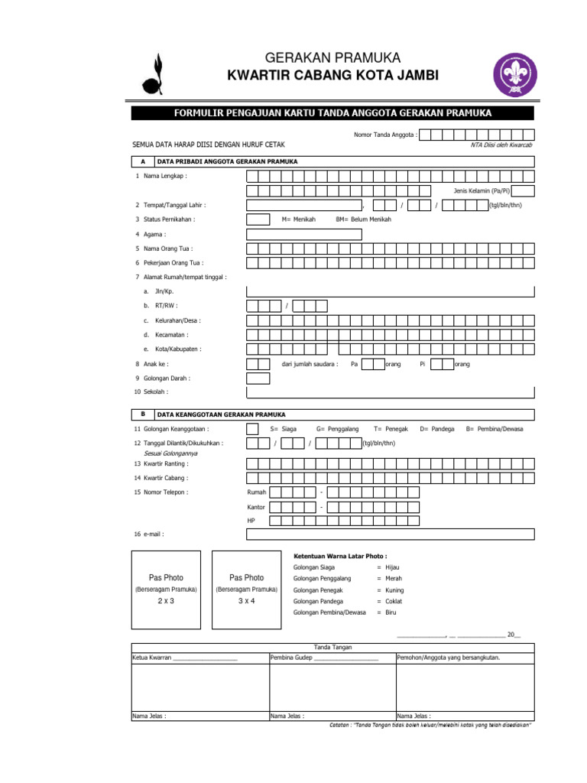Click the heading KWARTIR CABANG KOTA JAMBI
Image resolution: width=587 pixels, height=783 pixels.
(332, 75)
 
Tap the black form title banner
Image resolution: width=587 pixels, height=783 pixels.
(332, 114)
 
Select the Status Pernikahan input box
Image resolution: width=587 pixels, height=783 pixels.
(258, 219)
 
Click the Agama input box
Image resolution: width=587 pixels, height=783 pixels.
(258, 234)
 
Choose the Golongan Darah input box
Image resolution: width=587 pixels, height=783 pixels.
(258, 378)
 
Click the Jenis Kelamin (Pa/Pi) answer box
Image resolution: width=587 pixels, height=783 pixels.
(524, 190)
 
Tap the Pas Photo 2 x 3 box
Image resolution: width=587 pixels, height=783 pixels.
(167, 589)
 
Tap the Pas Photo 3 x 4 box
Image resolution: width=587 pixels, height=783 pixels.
(246, 589)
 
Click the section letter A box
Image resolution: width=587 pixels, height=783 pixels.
(142, 162)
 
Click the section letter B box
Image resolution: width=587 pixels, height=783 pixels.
(142, 414)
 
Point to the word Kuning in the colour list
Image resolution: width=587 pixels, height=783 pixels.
(394, 590)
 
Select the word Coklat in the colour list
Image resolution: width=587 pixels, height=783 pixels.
(394, 602)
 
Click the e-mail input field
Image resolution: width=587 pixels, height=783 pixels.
(391, 534)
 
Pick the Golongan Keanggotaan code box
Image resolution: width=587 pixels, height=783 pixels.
(258, 429)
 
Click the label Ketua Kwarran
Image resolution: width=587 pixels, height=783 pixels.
(151, 657)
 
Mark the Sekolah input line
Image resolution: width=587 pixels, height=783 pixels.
(391, 392)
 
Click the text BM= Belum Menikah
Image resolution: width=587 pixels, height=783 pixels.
(363, 219)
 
